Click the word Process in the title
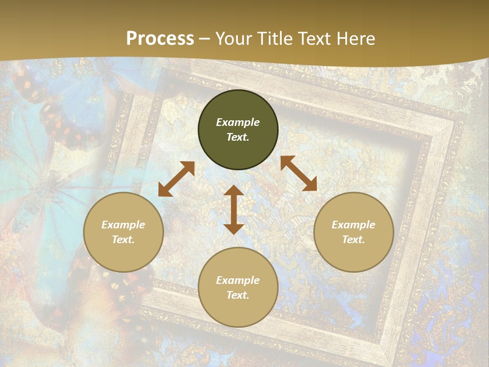pos(160,39)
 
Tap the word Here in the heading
pos(356,39)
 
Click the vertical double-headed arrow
pos(234,210)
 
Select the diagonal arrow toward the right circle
pos(298,173)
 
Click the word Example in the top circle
pos(238,122)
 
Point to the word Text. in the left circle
pos(123,240)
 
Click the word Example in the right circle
pos(354,225)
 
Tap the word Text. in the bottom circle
pos(238,295)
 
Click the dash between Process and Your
pos(205,39)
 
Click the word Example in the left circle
pos(123,225)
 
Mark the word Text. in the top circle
pos(238,137)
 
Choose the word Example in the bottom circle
pos(238,280)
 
